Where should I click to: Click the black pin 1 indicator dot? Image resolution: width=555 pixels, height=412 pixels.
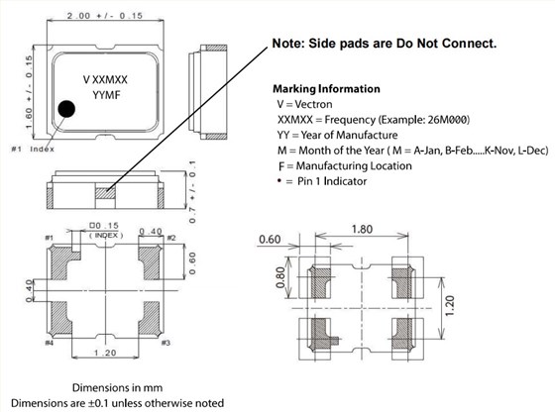pyautogui.click(x=65, y=109)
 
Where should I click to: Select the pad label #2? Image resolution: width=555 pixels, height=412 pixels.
pyautogui.click(x=170, y=239)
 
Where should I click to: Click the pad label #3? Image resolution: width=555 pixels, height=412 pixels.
pyautogui.click(x=166, y=343)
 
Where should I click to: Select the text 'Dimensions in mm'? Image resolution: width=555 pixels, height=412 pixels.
pyautogui.click(x=118, y=385)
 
